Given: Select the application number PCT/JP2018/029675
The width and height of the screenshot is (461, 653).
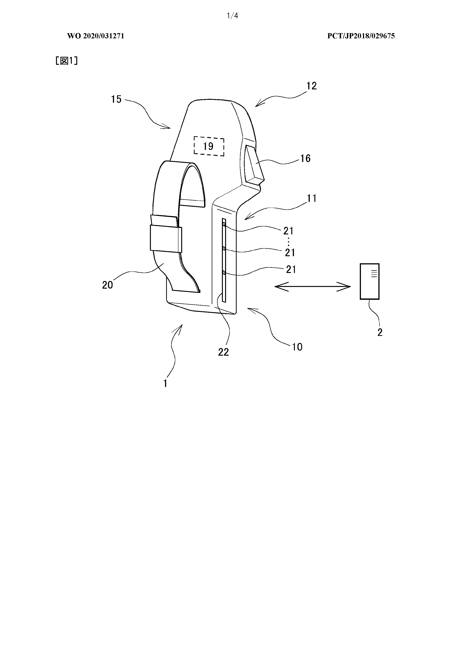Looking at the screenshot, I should [361, 36].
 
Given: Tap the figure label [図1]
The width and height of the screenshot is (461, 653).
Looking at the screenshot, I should [66, 61].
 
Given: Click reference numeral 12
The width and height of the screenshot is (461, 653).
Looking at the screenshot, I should [311, 86].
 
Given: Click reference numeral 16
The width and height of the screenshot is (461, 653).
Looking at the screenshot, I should [305, 158].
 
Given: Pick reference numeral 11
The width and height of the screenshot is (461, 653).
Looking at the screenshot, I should [312, 198].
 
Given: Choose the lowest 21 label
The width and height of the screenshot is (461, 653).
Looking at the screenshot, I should [291, 269].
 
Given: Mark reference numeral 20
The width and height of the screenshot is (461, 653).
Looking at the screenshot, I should [107, 285].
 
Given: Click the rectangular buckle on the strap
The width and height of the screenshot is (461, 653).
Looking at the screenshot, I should [166, 239].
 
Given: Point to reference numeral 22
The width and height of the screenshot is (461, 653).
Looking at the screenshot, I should [223, 352].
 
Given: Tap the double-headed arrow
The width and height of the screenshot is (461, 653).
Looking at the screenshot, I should [312, 287].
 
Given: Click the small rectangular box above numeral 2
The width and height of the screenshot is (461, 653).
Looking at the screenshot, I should [369, 281].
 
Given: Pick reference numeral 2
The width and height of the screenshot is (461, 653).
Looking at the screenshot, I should [380, 332].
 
